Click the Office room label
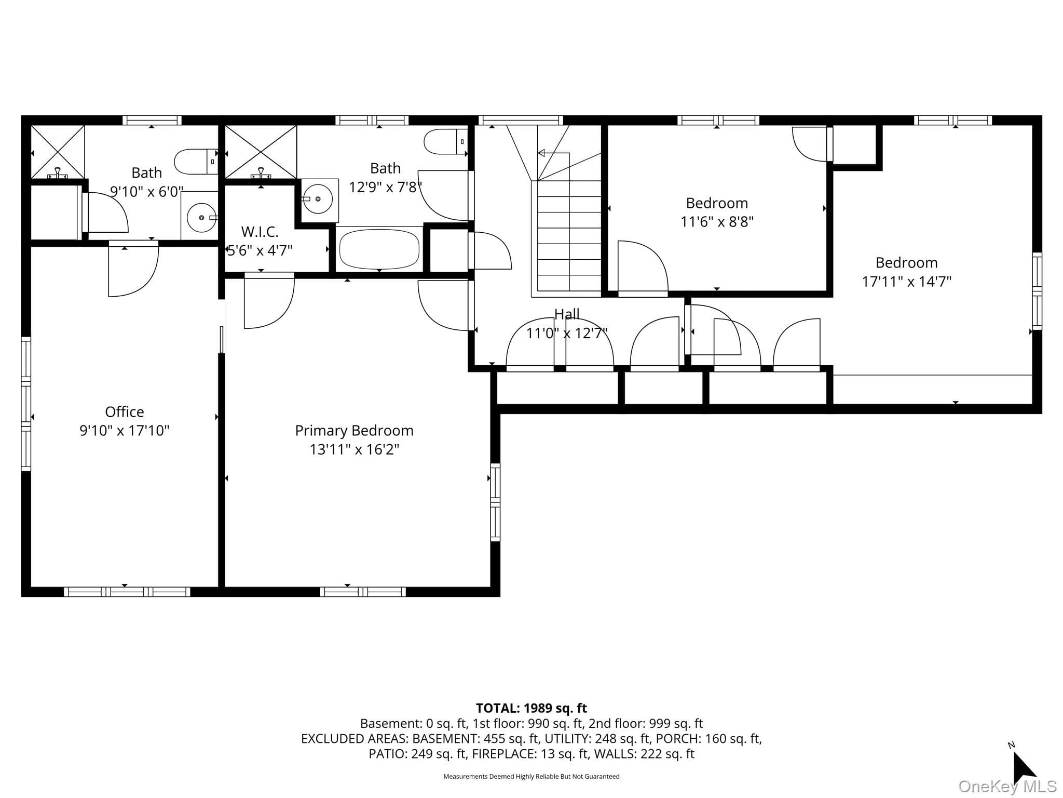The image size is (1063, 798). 125,412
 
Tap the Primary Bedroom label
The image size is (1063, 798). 354,431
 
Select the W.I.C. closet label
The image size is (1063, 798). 260,232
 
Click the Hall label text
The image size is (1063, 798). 567,314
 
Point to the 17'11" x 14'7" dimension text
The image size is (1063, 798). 906,282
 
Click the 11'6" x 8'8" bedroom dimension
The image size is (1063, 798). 717,222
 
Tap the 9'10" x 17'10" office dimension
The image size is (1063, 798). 125,431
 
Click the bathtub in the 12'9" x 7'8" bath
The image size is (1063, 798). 379,249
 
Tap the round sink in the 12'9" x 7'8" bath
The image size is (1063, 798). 318,199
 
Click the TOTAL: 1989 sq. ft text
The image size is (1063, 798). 531,708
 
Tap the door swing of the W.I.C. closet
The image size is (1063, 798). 269,301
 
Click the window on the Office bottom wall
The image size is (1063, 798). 127,592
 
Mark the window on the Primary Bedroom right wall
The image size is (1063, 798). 495,502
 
